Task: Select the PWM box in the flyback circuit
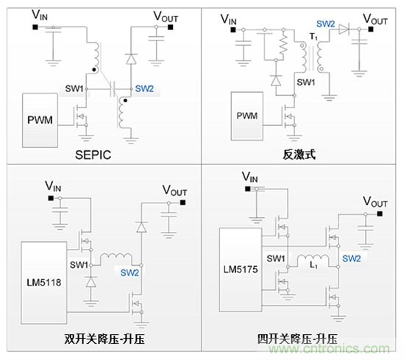point(247,116)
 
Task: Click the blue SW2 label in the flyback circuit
point(327,24)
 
